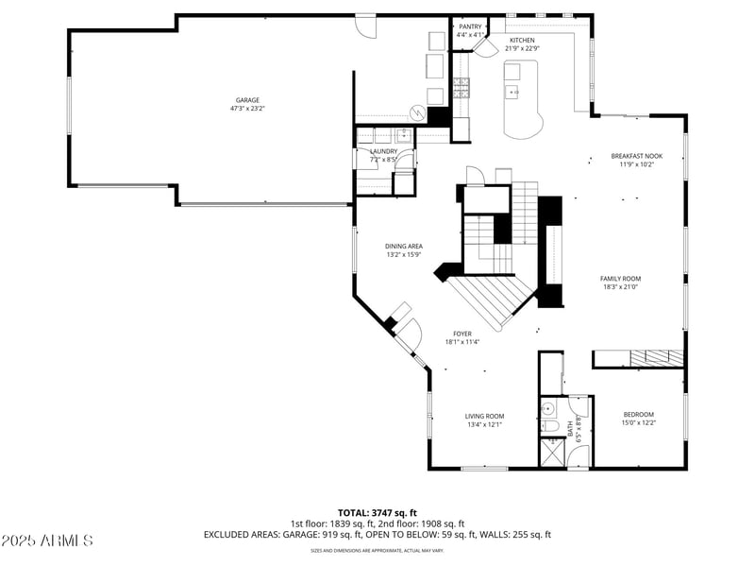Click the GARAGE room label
click(x=248, y=100)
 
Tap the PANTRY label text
click(x=470, y=26)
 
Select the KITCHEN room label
click(x=522, y=41)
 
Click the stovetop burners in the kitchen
click(x=461, y=88)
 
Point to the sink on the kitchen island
click(x=514, y=92)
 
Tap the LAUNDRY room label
click(x=383, y=151)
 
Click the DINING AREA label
click(x=403, y=246)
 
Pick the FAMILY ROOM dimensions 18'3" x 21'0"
click(x=620, y=287)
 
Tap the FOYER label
click(x=461, y=334)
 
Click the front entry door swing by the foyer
click(x=408, y=332)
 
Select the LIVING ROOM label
click(x=484, y=416)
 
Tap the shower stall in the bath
click(x=551, y=452)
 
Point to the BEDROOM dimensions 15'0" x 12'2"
click(x=638, y=423)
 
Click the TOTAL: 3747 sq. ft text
click(x=377, y=512)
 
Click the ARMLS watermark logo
click(x=47, y=540)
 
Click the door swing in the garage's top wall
click(x=371, y=26)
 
